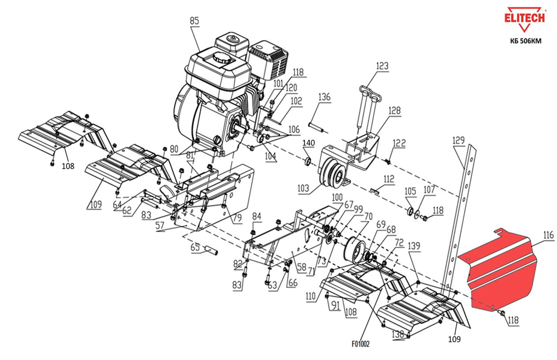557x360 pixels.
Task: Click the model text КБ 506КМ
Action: [x=525, y=41]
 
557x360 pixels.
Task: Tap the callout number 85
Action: [x=194, y=20]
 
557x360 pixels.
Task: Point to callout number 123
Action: [x=382, y=66]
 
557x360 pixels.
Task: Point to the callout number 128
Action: [x=394, y=110]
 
